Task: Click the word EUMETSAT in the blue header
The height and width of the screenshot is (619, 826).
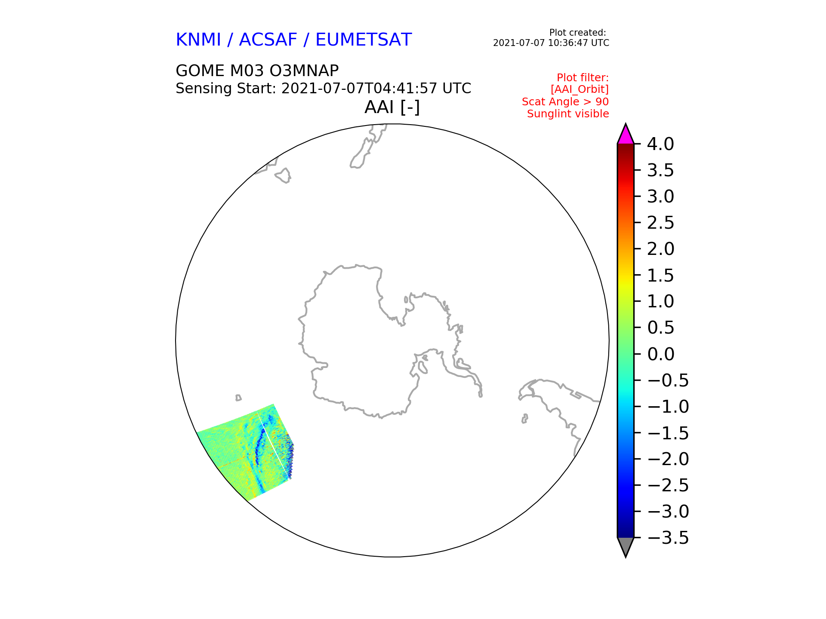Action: click(364, 40)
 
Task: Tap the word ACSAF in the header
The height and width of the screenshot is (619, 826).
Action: click(268, 40)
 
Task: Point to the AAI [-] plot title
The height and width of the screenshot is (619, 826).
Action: click(392, 107)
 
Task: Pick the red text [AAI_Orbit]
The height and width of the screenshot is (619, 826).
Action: click(579, 89)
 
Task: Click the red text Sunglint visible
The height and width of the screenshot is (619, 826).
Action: click(568, 114)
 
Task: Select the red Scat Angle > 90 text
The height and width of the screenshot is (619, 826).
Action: click(565, 102)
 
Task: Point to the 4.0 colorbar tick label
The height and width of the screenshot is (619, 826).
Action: click(660, 144)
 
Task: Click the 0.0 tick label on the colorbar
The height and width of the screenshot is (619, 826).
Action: click(660, 354)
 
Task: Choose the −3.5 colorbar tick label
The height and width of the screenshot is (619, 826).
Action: click(668, 538)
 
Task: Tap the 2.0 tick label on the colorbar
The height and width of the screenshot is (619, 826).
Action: click(660, 249)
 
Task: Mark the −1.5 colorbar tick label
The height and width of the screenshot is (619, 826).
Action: click(668, 433)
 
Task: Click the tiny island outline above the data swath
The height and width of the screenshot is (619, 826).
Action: click(238, 398)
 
